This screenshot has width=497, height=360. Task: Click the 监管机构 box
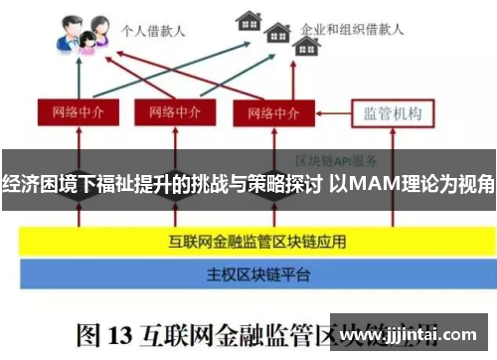(x=393, y=112)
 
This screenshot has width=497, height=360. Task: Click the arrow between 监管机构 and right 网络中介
(x=326, y=112)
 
